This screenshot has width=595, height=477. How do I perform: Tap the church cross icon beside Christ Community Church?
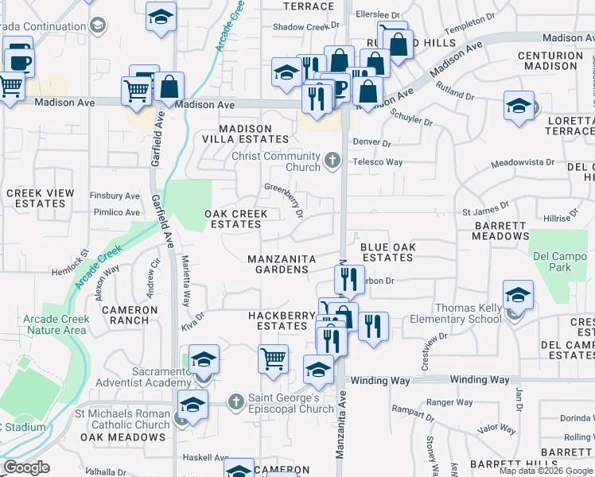click(x=332, y=162)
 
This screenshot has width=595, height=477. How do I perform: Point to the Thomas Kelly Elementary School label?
click(x=456, y=314)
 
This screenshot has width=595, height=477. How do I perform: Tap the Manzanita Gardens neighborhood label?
click(x=282, y=264)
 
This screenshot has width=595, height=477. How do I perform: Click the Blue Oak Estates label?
click(x=387, y=252)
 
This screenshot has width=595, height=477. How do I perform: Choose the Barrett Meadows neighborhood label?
click(x=500, y=230)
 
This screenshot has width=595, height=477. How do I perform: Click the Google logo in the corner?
click(x=26, y=468)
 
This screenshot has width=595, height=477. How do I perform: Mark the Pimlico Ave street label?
click(x=115, y=212)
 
